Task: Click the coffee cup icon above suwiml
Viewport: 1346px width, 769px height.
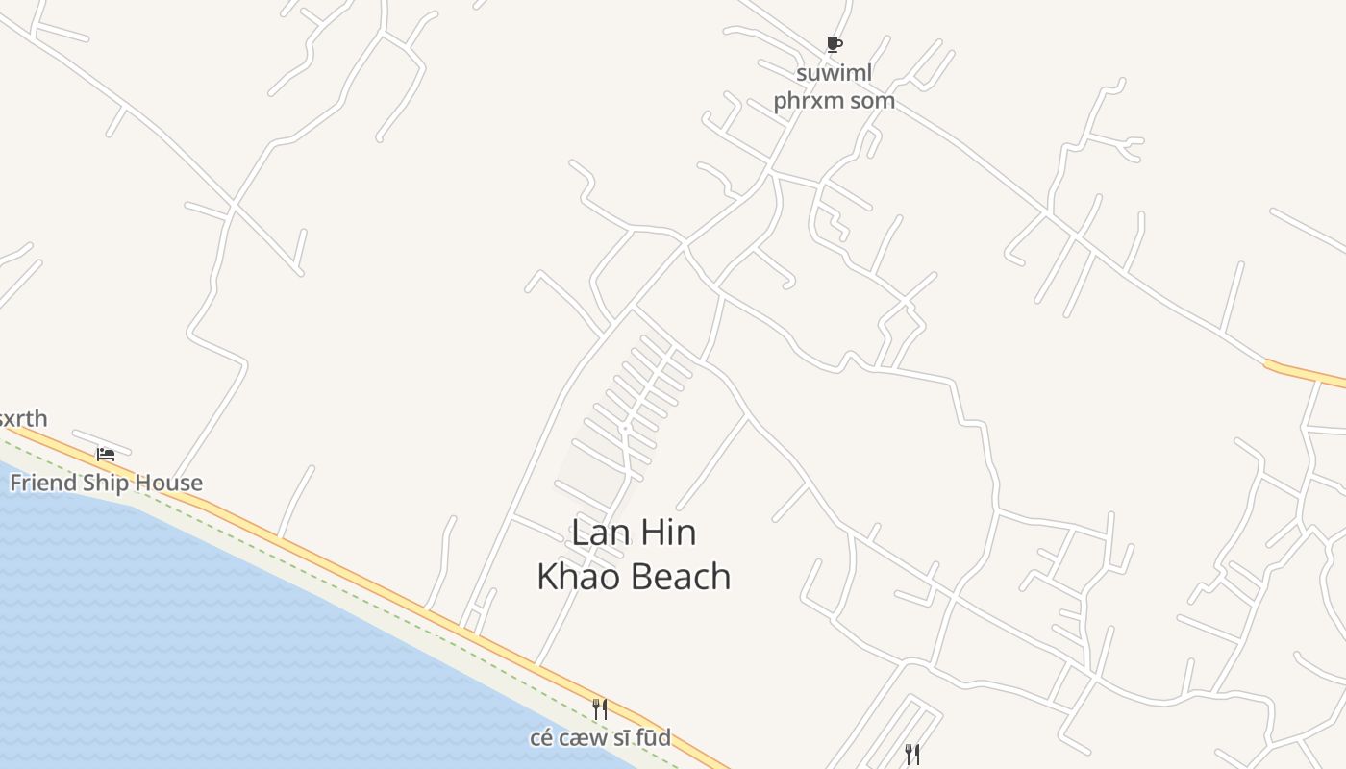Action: tap(835, 44)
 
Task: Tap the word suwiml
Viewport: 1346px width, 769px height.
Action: tap(834, 73)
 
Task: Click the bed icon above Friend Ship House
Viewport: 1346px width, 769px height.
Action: tap(106, 454)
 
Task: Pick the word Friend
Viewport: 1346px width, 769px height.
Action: tap(42, 483)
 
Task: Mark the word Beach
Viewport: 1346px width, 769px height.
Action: tap(684, 577)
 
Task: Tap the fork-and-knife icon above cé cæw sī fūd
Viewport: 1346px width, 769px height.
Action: tap(599, 709)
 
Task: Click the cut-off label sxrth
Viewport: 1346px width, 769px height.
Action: tap(22, 419)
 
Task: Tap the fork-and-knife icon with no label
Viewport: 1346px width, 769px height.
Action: tap(911, 755)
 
